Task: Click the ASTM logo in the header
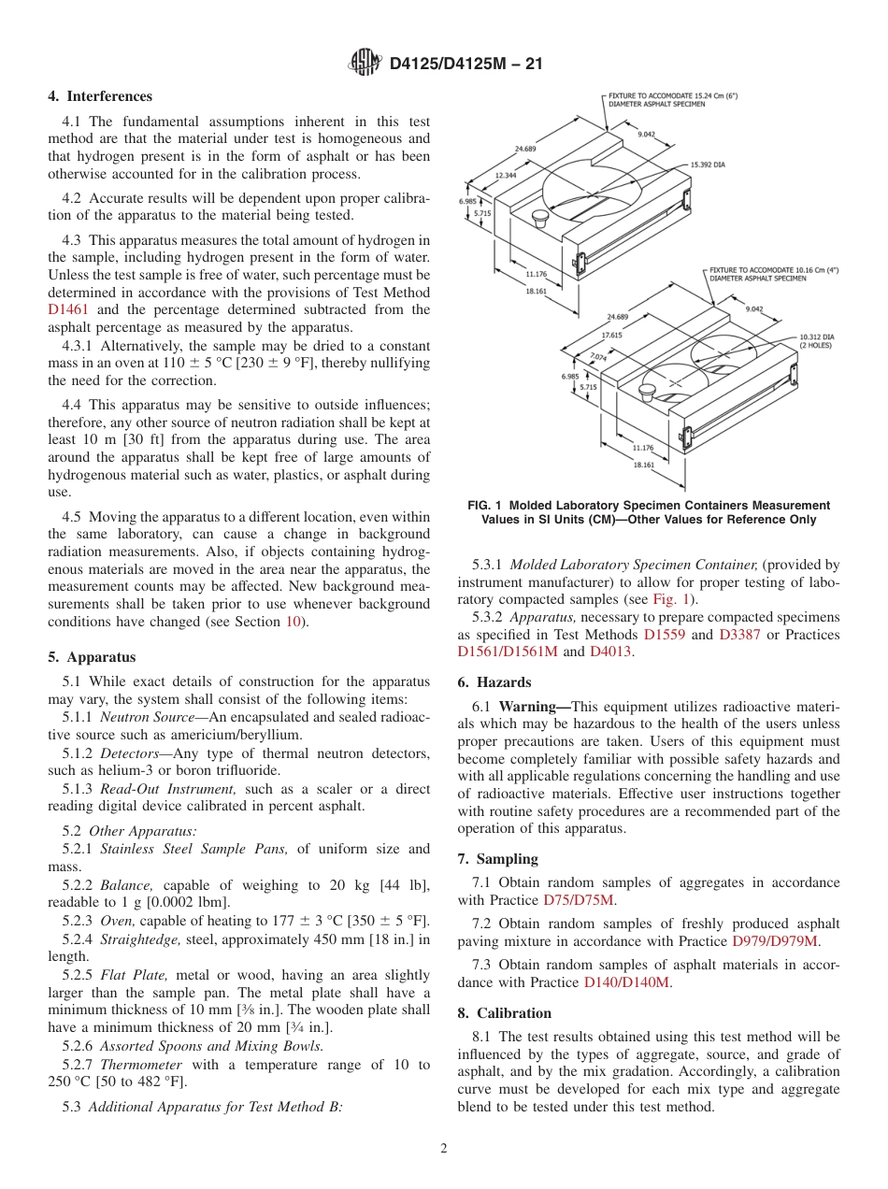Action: point(365,63)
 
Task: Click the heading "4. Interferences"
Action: point(100,96)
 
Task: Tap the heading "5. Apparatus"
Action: point(92,657)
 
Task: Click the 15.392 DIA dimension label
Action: point(708,165)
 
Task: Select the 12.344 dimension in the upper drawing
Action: point(506,175)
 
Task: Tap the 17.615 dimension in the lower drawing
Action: point(612,334)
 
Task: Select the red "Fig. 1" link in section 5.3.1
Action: point(670,599)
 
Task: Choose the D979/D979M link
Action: point(775,941)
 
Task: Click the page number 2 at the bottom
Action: point(444,1149)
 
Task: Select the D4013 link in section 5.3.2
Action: point(611,652)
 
